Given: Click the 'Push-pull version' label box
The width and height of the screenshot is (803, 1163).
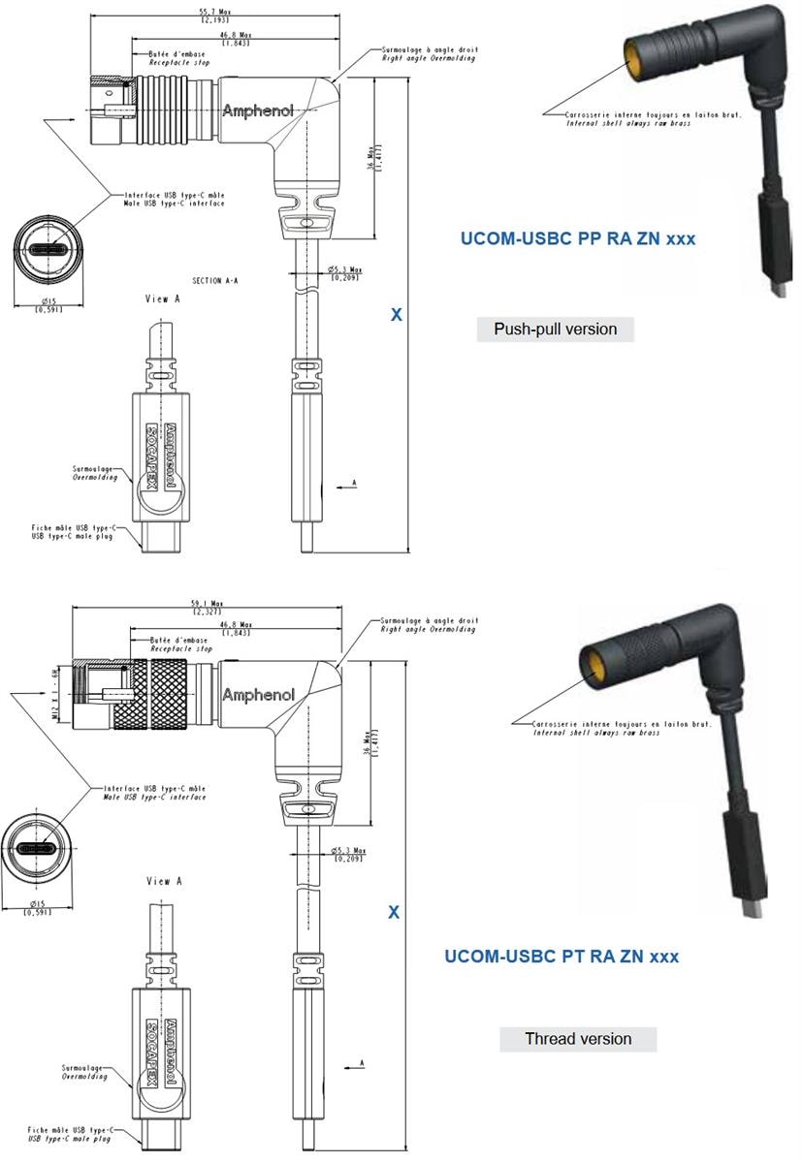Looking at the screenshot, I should coord(555,330).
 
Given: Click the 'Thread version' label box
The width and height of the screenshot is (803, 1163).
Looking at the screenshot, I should coord(578,1039).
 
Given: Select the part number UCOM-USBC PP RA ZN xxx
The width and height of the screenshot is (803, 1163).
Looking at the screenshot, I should coord(576,238).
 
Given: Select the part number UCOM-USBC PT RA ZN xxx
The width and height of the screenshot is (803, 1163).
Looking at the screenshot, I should coord(562,957).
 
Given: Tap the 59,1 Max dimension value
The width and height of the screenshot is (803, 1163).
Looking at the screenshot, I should coord(207,606).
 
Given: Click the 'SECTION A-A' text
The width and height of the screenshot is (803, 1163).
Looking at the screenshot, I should coord(215,280).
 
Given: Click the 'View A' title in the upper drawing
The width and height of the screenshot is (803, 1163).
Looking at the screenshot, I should coord(162,299).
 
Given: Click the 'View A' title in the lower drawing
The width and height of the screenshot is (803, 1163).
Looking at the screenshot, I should coord(164,881).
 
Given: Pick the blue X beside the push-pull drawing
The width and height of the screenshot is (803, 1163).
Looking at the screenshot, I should coord(396,315).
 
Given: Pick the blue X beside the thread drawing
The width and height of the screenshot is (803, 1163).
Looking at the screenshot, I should coord(394,912).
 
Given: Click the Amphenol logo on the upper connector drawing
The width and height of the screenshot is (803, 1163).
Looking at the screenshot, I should coord(258,110).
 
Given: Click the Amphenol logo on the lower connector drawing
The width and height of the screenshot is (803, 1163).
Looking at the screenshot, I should coord(258,695).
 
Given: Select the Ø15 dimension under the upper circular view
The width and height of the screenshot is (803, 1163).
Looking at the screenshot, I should coord(46,304).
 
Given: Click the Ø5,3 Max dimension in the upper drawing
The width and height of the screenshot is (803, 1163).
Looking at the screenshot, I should coord(345,272).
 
